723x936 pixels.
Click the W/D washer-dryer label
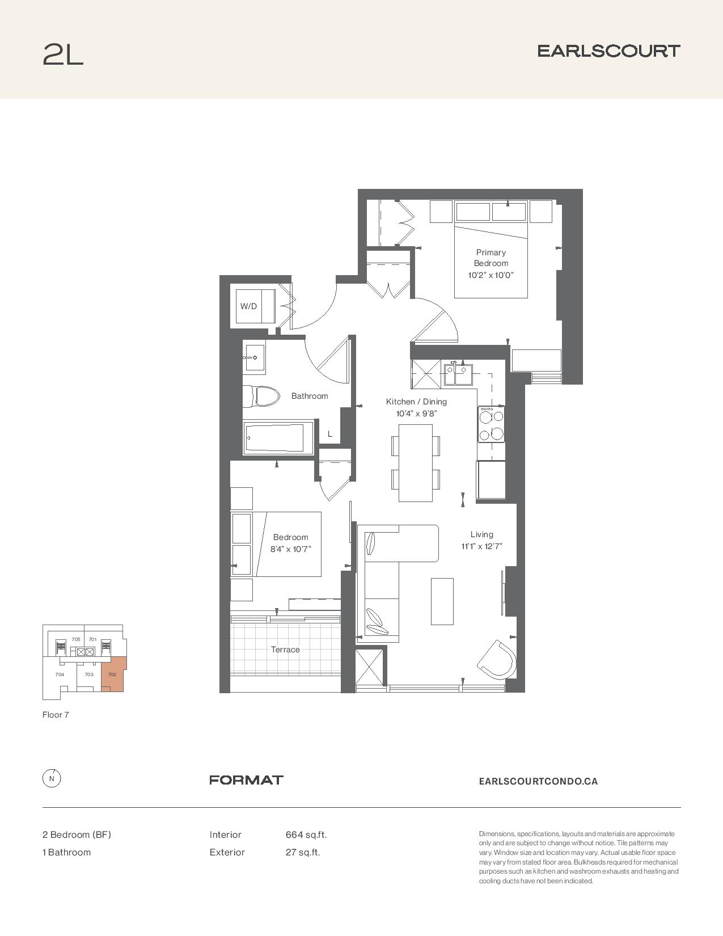(248, 306)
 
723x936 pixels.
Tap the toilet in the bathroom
(260, 397)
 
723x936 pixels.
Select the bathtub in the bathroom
(278, 437)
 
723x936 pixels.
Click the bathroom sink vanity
(253, 357)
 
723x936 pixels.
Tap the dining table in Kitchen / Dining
(416, 463)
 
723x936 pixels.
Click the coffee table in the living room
(442, 601)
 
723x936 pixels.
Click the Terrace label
(285, 650)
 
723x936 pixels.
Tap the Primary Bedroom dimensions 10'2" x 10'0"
(491, 275)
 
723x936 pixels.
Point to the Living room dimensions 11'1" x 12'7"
(481, 546)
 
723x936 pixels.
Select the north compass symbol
(52, 778)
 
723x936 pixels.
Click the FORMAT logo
(246, 780)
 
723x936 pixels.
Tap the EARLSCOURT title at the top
(608, 51)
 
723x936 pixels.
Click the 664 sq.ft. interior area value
(306, 834)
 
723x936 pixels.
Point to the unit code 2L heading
(63, 54)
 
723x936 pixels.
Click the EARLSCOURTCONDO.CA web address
(538, 781)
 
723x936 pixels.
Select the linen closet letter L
(330, 434)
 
